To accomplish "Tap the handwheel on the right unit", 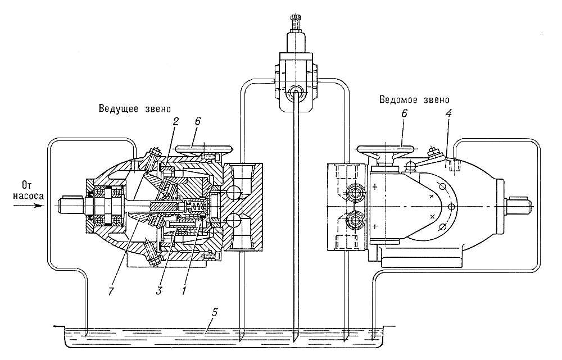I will pyautogui.click(x=386, y=150).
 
